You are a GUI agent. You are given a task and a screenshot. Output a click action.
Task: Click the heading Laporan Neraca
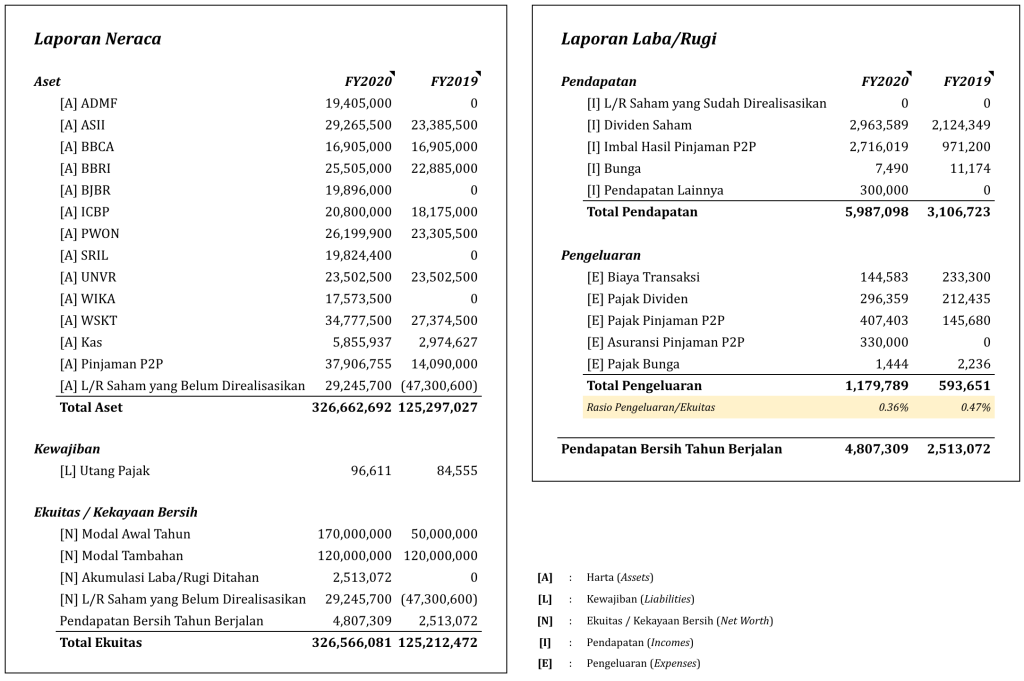point(97,39)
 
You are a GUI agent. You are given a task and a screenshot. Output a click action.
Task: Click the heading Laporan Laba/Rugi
point(638,39)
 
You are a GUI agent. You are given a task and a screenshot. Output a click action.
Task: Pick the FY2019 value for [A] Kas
point(444,342)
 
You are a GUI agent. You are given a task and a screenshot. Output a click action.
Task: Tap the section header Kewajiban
point(67,450)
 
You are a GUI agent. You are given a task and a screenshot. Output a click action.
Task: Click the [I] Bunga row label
point(614,169)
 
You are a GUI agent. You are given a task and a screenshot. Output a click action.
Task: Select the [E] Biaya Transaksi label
point(643,277)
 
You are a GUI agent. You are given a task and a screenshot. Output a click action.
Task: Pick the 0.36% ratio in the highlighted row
point(893,407)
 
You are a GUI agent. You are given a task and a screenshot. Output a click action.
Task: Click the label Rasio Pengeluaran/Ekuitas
point(650,407)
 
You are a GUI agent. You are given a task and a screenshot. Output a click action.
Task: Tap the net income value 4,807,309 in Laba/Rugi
point(876,449)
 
